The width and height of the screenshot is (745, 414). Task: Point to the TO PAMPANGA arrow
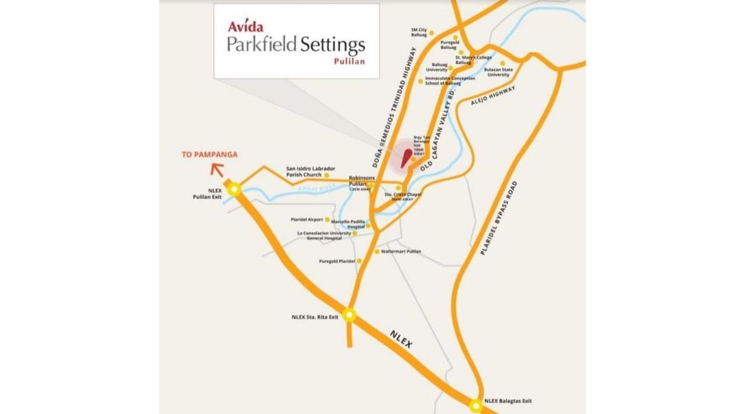[217, 168]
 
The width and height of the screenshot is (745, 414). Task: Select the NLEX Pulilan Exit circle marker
[235, 188]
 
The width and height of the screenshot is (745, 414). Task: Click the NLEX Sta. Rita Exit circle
[350, 315]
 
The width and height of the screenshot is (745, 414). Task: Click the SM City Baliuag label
[419, 32]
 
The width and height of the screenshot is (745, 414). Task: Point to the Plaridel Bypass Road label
[498, 218]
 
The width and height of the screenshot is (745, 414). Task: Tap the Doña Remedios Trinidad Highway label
[393, 108]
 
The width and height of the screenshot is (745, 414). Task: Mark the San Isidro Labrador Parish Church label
[310, 171]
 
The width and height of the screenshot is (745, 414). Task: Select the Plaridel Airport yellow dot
[328, 219]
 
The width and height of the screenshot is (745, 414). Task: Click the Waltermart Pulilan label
[401, 252]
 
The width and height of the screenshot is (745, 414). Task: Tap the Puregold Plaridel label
[337, 262]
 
